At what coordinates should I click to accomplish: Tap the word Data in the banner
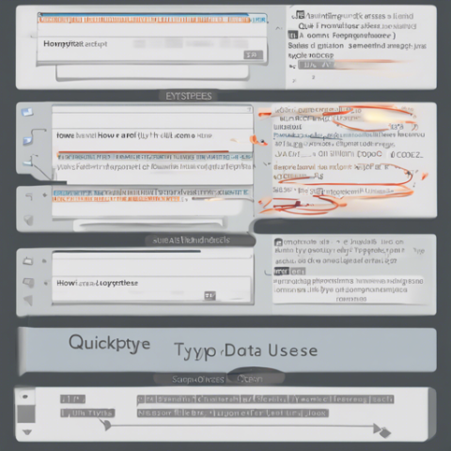tap(241, 350)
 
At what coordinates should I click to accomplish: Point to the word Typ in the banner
tap(194, 351)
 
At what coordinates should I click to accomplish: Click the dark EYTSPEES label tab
tap(189, 95)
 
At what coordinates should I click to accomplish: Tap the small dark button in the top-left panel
tap(250, 55)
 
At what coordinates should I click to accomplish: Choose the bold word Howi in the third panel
tap(67, 281)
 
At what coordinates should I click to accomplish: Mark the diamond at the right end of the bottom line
tap(381, 431)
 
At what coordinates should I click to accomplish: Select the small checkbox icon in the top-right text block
tap(299, 15)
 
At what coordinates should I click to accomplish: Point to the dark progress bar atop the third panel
tap(127, 252)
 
